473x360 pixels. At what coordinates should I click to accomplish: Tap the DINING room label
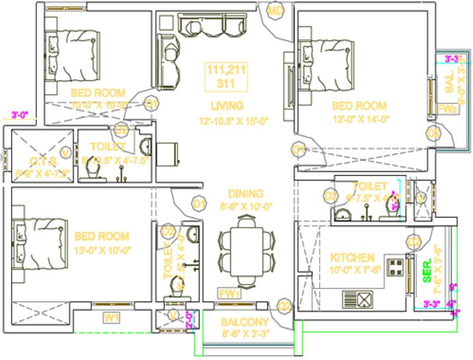click(246, 194)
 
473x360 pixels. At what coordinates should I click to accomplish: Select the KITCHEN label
click(352, 258)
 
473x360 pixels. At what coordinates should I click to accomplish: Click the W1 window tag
click(112, 317)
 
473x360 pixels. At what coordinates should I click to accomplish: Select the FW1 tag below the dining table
click(229, 293)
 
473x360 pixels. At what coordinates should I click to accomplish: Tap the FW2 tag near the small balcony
click(447, 109)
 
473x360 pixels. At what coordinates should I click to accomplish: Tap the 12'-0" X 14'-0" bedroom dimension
click(360, 118)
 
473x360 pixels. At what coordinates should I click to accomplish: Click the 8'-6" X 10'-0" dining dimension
click(246, 206)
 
